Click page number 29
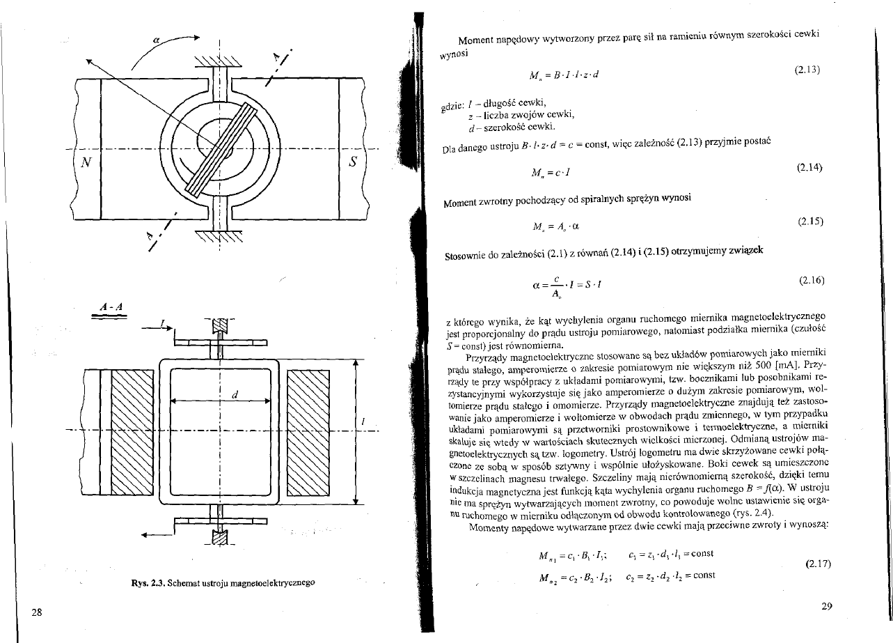tap(827, 606)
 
